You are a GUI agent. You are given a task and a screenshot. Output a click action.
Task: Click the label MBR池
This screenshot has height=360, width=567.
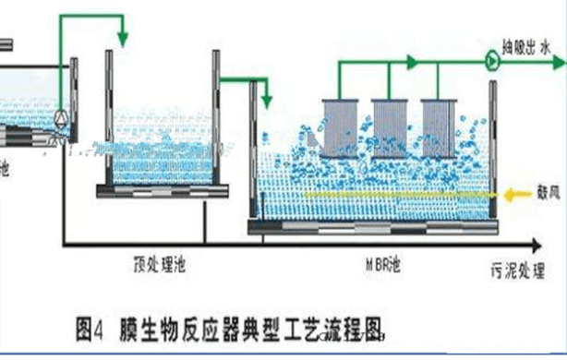[x=381, y=265]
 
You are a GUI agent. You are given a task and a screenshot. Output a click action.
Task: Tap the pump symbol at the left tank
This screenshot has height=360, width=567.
[x=62, y=118]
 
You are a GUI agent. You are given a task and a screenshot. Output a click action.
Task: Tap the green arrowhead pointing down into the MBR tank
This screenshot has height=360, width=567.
[x=266, y=100]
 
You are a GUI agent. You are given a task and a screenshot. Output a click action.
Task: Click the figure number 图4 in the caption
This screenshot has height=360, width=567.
[x=93, y=326]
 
